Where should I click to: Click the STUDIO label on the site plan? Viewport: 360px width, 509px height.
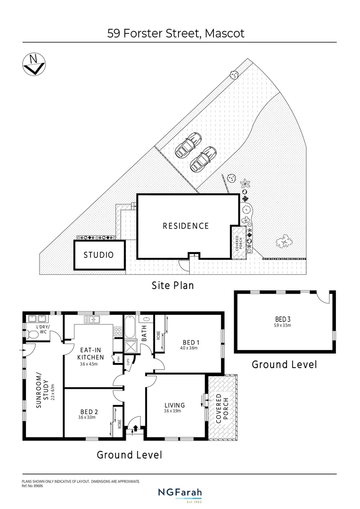click(x=98, y=255)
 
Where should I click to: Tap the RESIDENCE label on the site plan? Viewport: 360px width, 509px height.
click(x=186, y=226)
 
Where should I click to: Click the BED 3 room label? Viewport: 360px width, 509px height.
click(x=283, y=318)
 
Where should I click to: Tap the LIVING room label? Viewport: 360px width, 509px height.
click(x=174, y=405)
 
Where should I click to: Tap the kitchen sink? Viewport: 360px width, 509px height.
click(x=92, y=320)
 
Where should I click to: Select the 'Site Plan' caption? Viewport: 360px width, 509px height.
click(x=172, y=285)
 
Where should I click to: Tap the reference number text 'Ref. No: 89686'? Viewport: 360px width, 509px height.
click(x=33, y=485)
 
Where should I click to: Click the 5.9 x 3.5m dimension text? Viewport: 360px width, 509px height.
click(x=283, y=325)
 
